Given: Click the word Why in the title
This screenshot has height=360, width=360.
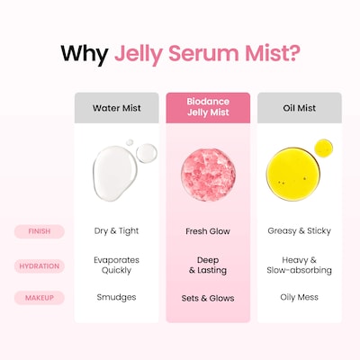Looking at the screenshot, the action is (x=85, y=54).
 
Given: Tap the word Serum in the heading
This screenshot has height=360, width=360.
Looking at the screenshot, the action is (x=203, y=53).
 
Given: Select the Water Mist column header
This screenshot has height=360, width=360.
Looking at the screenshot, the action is (x=117, y=108).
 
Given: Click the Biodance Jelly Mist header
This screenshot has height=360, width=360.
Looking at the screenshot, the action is (x=208, y=108).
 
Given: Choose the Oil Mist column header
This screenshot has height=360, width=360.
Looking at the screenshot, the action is (x=300, y=108).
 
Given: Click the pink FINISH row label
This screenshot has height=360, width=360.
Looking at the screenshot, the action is (x=40, y=231).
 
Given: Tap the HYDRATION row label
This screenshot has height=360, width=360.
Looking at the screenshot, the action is (x=40, y=266).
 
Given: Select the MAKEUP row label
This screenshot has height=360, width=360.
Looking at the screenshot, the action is (x=40, y=298).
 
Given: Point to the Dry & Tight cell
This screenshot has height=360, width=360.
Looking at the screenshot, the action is (x=116, y=231).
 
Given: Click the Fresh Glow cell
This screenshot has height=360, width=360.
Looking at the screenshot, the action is (x=208, y=231).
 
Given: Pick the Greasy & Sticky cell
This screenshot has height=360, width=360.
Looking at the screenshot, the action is (x=300, y=231).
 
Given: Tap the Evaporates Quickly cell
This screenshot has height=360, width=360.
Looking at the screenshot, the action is (x=116, y=265).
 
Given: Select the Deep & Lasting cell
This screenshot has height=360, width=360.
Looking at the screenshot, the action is (x=208, y=265).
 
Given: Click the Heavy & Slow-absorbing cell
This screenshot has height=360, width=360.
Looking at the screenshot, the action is (x=300, y=265).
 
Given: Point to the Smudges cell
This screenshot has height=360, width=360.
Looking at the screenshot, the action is (x=116, y=298).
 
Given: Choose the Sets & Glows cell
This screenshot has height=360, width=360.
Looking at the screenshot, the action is (x=208, y=298).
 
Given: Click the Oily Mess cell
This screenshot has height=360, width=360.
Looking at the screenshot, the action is (x=300, y=297).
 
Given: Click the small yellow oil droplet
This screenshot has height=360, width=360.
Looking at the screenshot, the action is (x=324, y=148).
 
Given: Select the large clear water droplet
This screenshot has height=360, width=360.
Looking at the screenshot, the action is (x=114, y=174).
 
